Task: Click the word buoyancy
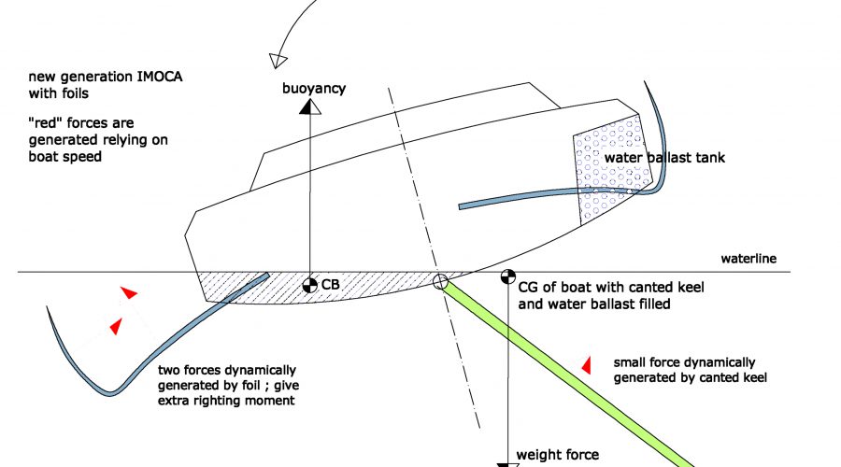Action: [x=314, y=89]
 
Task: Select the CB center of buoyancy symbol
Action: [x=310, y=285]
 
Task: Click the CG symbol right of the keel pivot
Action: [x=508, y=276]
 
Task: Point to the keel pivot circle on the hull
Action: [x=440, y=281]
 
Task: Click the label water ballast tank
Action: [x=664, y=158]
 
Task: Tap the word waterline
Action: [x=748, y=259]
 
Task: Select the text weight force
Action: [x=557, y=455]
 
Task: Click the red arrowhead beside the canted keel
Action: [x=587, y=365]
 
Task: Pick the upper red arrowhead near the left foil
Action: [x=129, y=292]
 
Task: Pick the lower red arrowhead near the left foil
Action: [x=116, y=326]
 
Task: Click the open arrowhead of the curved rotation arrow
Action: [x=278, y=61]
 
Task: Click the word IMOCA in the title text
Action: [x=160, y=77]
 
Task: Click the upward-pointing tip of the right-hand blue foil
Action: [x=644, y=82]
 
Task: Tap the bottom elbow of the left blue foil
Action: [x=109, y=393]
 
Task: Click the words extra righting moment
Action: [x=226, y=401]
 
